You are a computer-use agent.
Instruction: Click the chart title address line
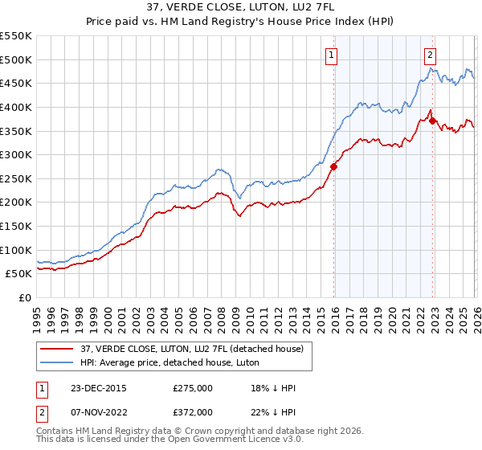click(x=241, y=7)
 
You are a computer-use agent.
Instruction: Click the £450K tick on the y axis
click(x=16, y=83)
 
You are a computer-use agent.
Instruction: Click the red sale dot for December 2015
click(x=333, y=166)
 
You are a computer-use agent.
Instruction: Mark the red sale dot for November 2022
click(x=432, y=121)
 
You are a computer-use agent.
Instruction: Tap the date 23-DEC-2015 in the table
click(x=99, y=388)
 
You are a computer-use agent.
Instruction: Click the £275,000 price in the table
click(x=193, y=388)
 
